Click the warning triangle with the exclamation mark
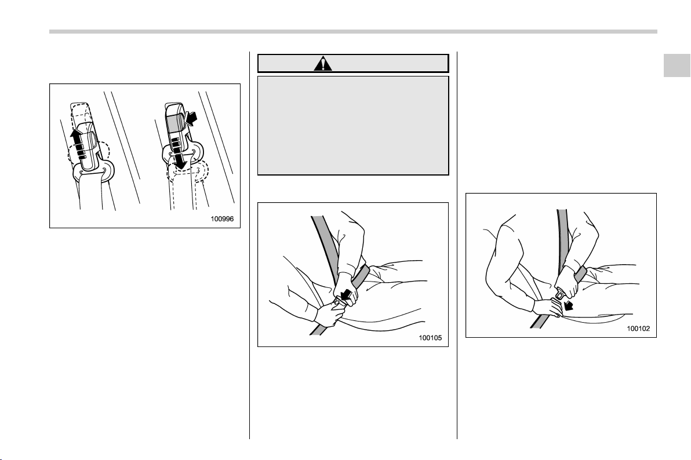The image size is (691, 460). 323,64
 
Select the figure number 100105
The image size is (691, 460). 430,338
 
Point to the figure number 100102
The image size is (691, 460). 638,328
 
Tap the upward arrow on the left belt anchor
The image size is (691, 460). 78,141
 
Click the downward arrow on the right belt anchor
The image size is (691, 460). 179,160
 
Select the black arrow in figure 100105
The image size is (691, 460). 348,296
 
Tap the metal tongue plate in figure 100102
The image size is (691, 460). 560,293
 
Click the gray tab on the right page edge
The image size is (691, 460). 677,65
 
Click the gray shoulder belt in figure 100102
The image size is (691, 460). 562,242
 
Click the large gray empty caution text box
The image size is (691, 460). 353,126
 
